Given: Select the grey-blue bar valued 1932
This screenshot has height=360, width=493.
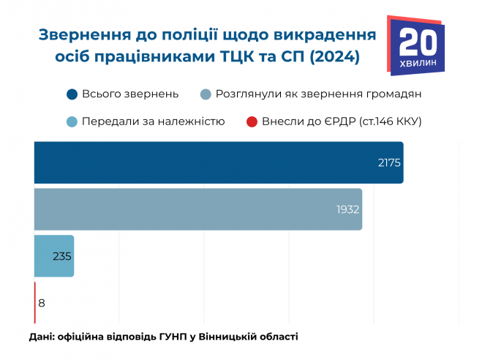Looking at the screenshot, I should pos(197,209).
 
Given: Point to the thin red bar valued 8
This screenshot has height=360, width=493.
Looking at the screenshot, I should pos(34,302).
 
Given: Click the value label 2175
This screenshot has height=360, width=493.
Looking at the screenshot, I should pos(389,162).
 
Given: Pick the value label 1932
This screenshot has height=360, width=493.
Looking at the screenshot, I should pos(347,209).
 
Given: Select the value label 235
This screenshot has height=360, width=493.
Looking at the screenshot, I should pos(62,256).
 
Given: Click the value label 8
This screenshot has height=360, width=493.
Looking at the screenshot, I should pos(42,302).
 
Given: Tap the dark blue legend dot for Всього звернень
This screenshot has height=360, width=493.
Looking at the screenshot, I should pos(72,94).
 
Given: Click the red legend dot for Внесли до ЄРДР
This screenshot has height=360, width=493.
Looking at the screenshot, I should pos(252,121).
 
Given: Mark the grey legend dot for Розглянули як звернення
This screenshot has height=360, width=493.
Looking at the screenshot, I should pos(206,94).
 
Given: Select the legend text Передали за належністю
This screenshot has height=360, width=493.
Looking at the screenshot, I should pos(153,121).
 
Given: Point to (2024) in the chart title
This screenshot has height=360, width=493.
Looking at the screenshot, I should pos(334,56).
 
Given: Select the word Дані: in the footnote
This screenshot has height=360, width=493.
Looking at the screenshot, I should pos(41,337).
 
